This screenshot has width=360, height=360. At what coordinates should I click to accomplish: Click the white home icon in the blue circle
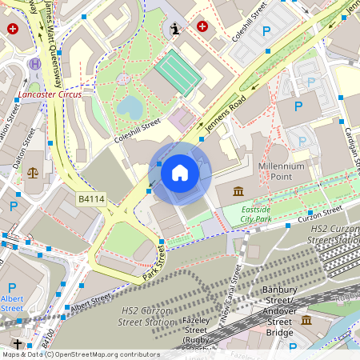pyautogui.click(x=180, y=173)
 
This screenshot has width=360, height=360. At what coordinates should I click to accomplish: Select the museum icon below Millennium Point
pyautogui.click(x=239, y=192)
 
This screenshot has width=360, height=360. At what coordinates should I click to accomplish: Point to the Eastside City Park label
pyautogui.click(x=256, y=214)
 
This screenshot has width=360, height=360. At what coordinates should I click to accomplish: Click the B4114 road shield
pyautogui.click(x=92, y=198)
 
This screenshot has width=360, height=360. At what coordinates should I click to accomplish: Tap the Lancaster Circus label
pyautogui.click(x=54, y=94)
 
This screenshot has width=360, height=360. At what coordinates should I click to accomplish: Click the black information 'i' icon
pyautogui.click(x=176, y=30)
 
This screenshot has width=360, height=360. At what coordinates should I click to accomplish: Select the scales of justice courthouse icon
pyautogui.click(x=33, y=172)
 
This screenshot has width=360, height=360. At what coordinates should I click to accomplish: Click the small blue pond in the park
pyautogui.click(x=130, y=106)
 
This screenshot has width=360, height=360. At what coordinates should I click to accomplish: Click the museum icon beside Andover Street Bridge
pyautogui.click(x=306, y=320)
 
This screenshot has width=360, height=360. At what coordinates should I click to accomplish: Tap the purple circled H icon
pyautogui.click(x=34, y=63)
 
